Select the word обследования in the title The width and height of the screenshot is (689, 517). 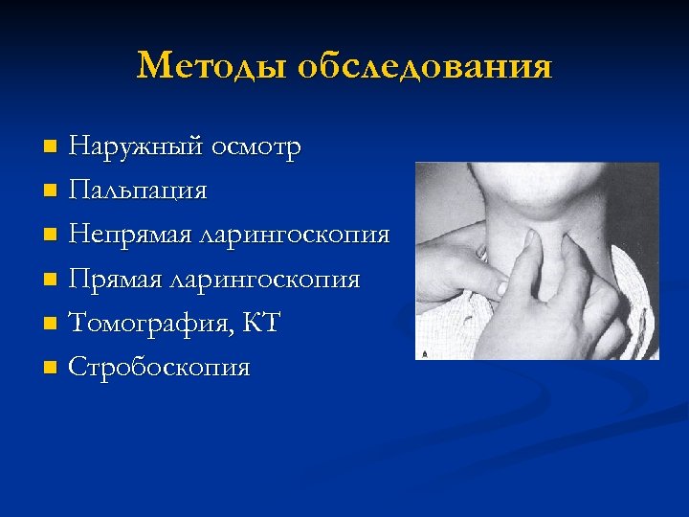[x=424, y=66]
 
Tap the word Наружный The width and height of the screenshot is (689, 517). [x=136, y=147]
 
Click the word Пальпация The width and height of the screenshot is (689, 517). [x=138, y=191]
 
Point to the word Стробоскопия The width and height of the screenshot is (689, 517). [x=159, y=368]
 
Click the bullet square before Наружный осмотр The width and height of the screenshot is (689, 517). [x=52, y=147]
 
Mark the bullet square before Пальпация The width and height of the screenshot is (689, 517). [x=52, y=191]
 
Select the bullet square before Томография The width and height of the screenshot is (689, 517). [x=52, y=324]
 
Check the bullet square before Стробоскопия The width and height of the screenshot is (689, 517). [x=52, y=368]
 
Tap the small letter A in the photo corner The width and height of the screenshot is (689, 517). [x=423, y=352]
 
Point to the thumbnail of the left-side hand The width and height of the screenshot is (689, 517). [x=497, y=285]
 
